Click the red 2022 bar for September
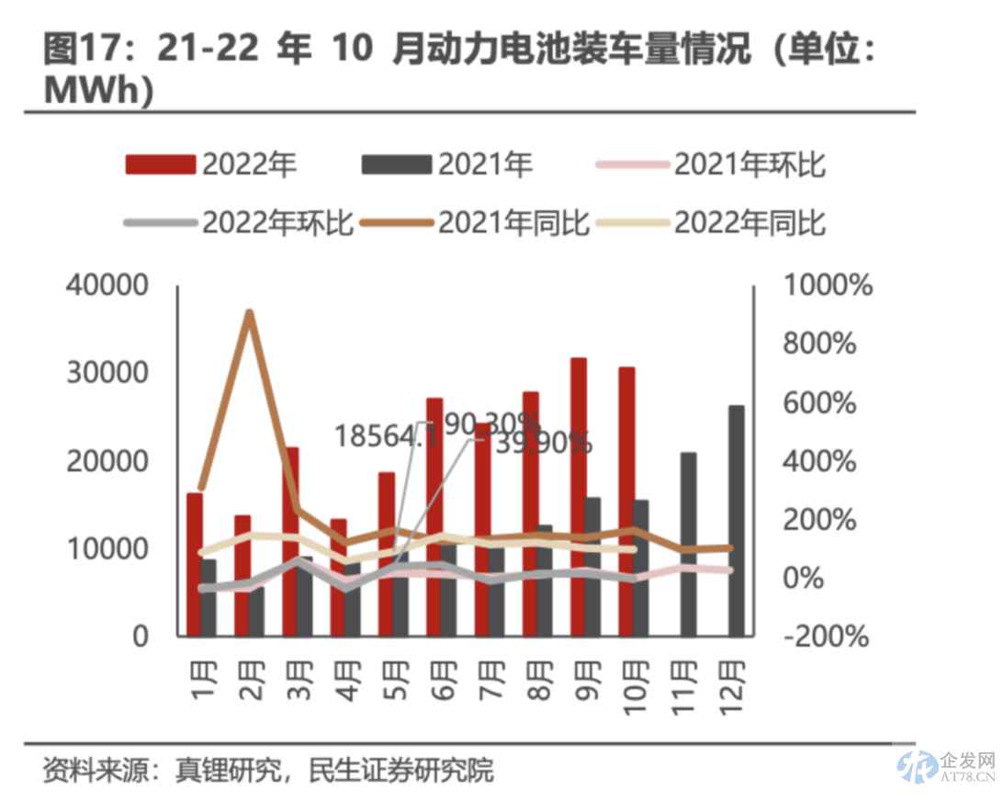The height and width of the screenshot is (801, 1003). click(x=579, y=496)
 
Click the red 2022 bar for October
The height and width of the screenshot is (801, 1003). click(x=626, y=501)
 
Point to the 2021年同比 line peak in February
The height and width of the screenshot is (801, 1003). click(x=248, y=313)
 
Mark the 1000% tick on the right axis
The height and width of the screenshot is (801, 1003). click(x=827, y=286)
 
